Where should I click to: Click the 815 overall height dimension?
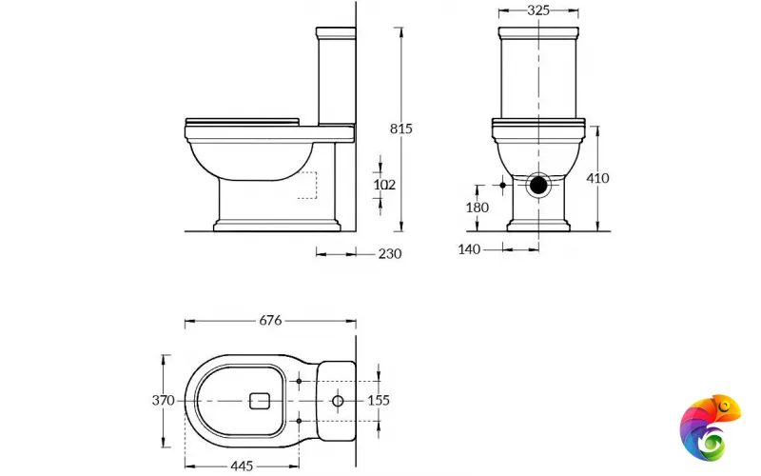coord(401,129)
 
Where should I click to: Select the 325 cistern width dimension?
coord(538,11)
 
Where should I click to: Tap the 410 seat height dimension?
coord(598,178)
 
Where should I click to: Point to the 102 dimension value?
coord(384,184)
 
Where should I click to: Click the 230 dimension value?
coord(390,253)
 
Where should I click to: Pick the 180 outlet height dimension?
coord(478,208)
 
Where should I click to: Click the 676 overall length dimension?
coord(270,321)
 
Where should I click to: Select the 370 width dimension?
coord(163,401)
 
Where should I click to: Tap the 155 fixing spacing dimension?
coord(379,401)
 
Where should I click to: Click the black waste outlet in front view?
coord(539,184)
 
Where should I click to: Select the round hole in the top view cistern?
coord(338,402)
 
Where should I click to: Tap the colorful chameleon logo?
coord(712,426)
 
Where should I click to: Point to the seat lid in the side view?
coord(243,122)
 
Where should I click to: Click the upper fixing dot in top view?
coord(300,382)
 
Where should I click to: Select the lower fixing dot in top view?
coord(300,420)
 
